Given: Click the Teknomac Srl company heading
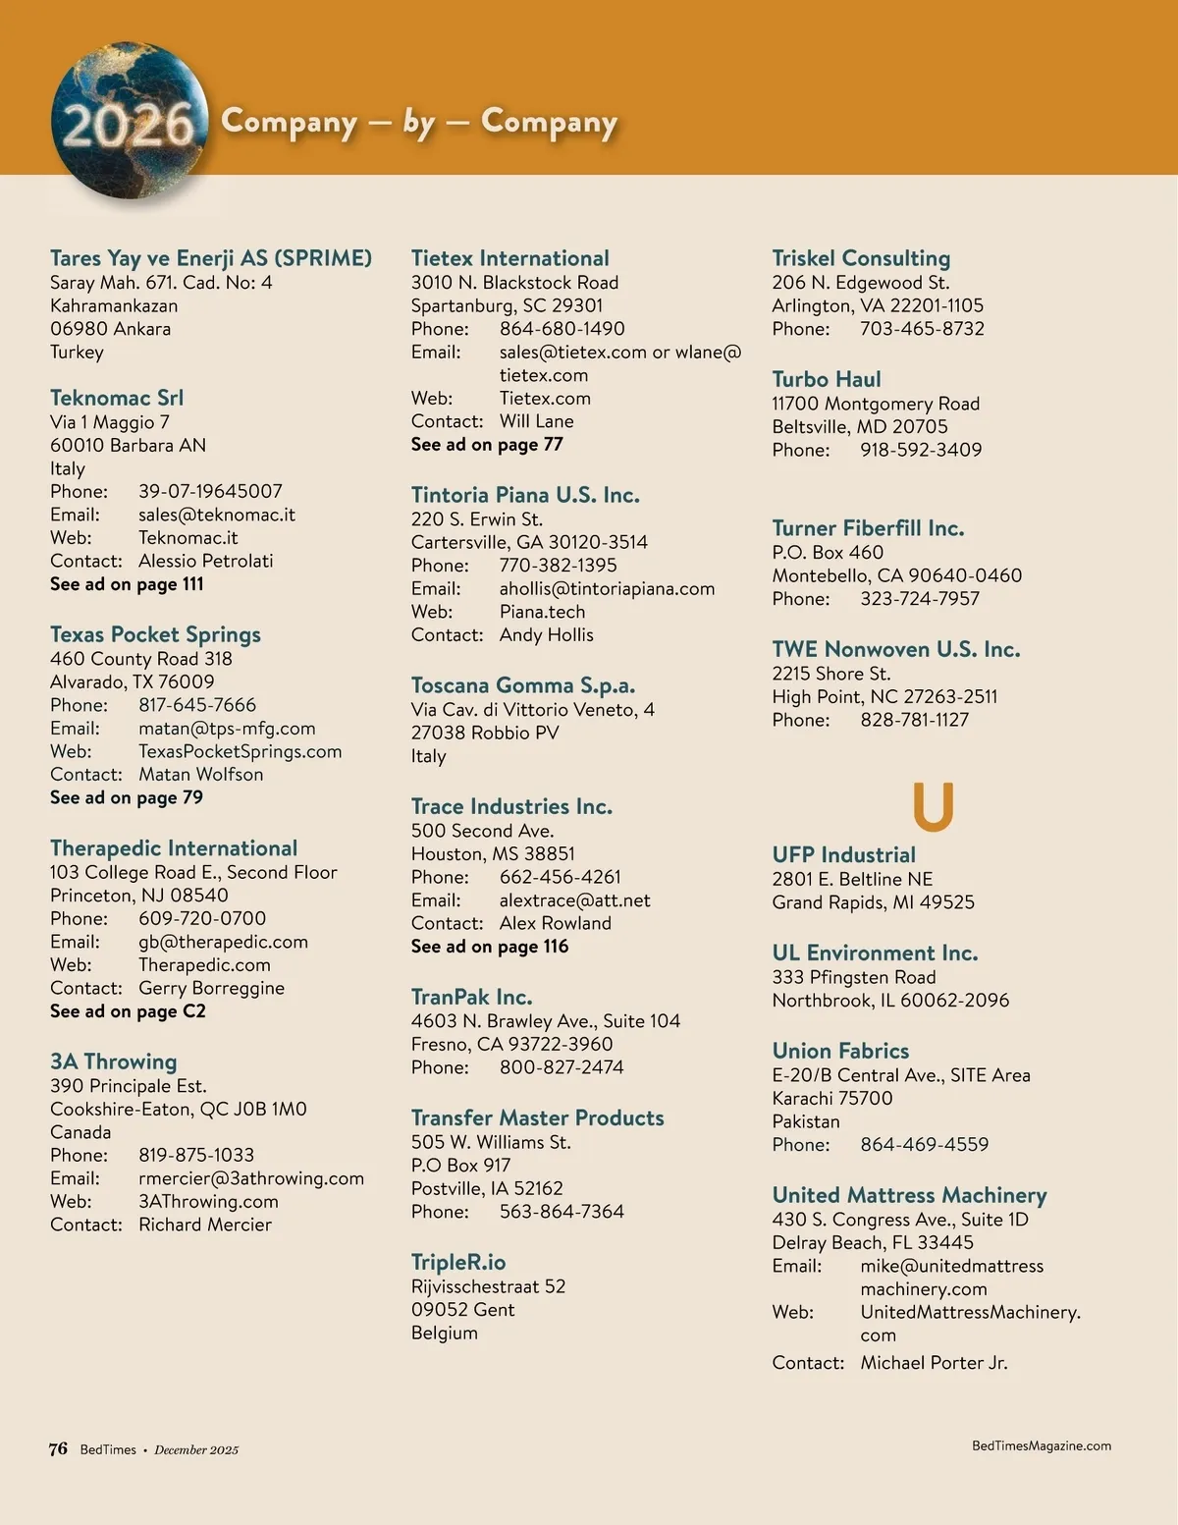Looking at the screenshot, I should (117, 398).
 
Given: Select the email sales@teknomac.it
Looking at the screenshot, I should (216, 515).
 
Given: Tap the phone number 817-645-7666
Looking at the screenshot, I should (197, 705).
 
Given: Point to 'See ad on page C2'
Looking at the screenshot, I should (128, 1011).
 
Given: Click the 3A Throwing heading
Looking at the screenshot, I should (114, 1062).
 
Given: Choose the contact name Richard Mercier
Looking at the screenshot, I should (205, 1225).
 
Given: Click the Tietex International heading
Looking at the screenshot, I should (509, 258).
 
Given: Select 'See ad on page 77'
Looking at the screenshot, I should (487, 445).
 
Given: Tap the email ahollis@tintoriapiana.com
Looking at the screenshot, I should (607, 589).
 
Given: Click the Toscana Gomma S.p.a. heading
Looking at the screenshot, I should (522, 685).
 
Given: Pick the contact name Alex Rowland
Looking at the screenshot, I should (555, 923).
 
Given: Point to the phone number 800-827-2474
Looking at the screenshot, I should (562, 1067).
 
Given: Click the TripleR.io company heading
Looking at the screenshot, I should (458, 1263).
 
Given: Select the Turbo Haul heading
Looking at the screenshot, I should (826, 379).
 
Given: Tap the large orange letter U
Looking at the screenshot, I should (933, 806).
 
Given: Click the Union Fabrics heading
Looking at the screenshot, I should (840, 1051).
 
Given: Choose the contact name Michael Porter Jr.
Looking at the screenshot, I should (934, 1363).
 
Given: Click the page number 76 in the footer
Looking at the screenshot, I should (58, 1448).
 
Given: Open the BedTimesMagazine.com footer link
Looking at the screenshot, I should (1042, 1445).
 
